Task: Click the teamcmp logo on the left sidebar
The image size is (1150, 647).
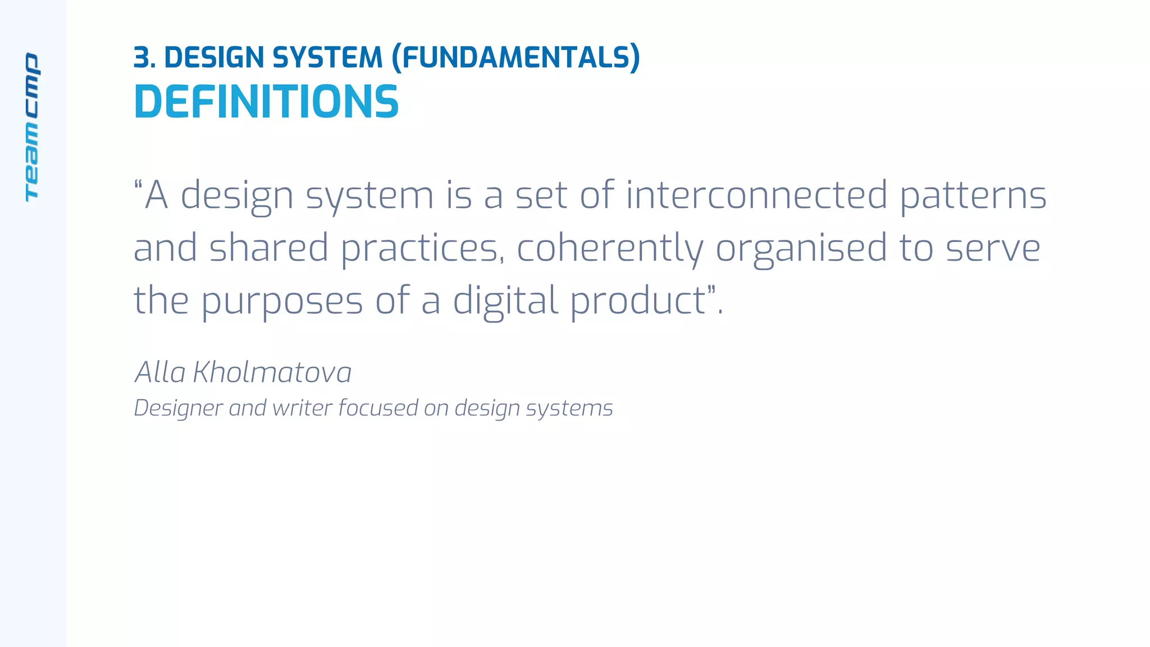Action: (32, 127)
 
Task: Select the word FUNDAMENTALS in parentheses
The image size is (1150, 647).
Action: (515, 58)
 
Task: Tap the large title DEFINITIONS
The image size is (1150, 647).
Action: (266, 102)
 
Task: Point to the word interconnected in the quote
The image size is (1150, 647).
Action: (756, 195)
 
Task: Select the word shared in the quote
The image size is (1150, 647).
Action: (268, 248)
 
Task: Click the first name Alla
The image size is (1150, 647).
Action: (160, 372)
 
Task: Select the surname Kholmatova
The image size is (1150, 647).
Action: (272, 372)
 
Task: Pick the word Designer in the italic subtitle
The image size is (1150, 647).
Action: (179, 408)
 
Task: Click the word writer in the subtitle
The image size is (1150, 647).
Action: (302, 408)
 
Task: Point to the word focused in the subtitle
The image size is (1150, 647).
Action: (378, 408)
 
